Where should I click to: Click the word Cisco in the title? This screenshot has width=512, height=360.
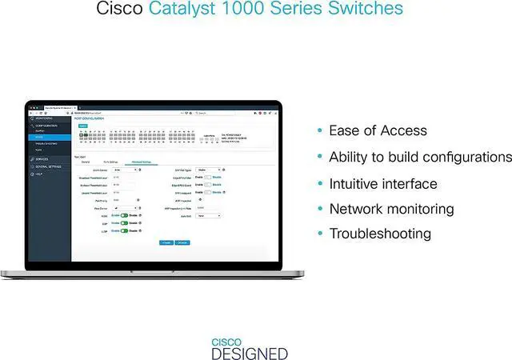click(x=120, y=10)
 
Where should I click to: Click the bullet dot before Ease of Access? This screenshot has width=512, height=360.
click(x=321, y=131)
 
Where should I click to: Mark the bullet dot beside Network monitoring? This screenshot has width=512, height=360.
click(x=321, y=210)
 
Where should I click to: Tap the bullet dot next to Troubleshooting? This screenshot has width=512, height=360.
click(x=321, y=234)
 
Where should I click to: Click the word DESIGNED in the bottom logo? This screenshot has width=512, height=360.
click(x=249, y=353)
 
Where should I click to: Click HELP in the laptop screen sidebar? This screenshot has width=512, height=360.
click(x=39, y=174)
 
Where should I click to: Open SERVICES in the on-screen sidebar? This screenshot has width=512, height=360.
click(x=42, y=159)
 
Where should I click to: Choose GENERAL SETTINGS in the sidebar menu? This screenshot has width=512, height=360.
click(x=48, y=166)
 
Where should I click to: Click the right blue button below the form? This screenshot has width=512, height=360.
click(x=182, y=242)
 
